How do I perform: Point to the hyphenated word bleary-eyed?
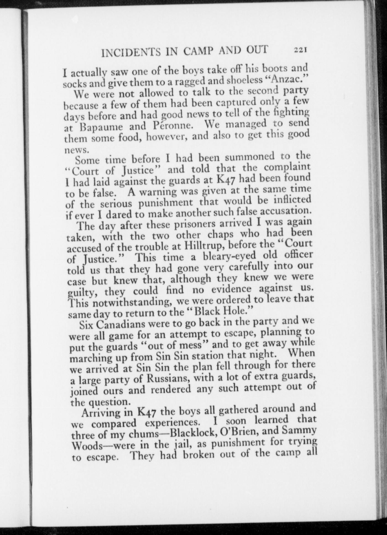click(226, 256)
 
